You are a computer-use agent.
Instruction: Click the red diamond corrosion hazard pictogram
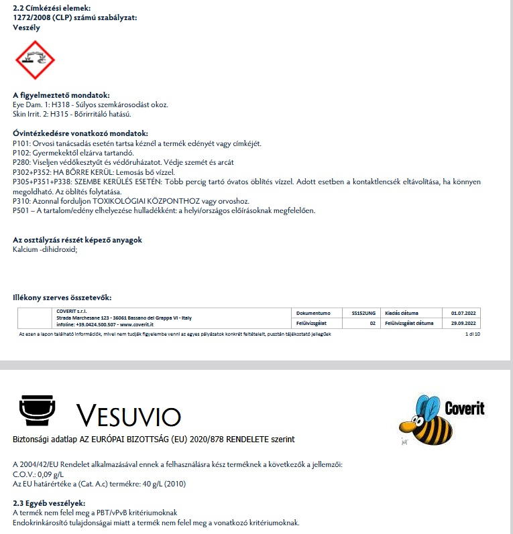(35, 60)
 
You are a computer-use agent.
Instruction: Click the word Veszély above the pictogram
(26, 28)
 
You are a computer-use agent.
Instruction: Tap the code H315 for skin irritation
(55, 114)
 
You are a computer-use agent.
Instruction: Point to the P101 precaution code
(21, 143)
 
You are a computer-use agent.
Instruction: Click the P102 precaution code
(21, 153)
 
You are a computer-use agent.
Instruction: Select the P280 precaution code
(21, 162)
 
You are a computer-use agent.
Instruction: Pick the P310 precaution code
(21, 200)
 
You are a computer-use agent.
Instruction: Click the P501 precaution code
(21, 210)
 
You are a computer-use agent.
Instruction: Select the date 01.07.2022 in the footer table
(463, 313)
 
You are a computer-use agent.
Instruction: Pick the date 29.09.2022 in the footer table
(463, 324)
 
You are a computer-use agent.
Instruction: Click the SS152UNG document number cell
(363, 313)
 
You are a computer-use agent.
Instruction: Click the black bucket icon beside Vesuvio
(38, 411)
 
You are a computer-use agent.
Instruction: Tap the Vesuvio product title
(128, 415)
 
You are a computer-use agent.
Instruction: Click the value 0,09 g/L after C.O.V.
(51, 474)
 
